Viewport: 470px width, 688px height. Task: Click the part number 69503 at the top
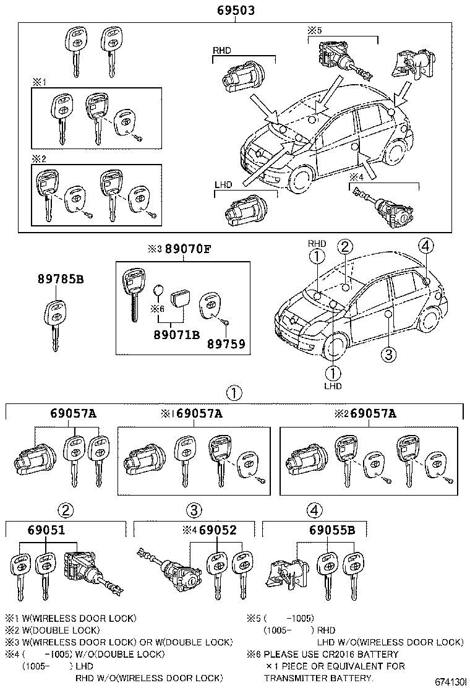(x=236, y=11)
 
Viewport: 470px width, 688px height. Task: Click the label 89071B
(x=176, y=335)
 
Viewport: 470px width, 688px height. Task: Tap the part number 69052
(x=218, y=530)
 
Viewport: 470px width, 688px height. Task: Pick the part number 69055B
(x=331, y=530)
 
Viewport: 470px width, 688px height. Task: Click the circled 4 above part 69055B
(x=315, y=510)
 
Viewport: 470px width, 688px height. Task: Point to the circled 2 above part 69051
(x=66, y=510)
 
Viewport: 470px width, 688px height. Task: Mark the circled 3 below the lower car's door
(x=387, y=355)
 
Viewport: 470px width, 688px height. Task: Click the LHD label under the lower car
(x=333, y=386)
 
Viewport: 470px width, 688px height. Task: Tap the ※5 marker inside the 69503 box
(x=315, y=30)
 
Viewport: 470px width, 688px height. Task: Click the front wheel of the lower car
(x=334, y=348)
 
